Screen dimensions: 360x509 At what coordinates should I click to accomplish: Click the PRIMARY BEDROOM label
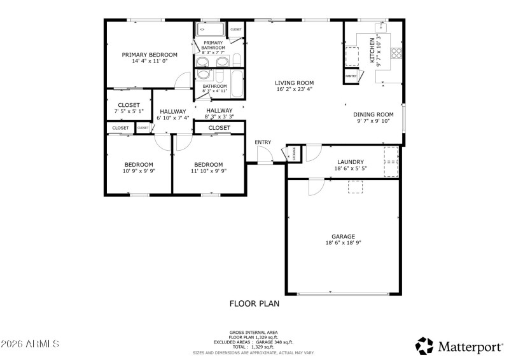(150, 55)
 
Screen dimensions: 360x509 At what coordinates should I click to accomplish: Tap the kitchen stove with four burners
(396, 53)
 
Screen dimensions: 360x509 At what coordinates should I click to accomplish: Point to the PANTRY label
(351, 76)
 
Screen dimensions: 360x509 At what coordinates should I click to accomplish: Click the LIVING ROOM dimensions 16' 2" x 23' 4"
(295, 90)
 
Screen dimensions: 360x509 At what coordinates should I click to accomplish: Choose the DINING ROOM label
(373, 114)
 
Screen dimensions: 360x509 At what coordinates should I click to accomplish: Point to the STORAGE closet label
(293, 153)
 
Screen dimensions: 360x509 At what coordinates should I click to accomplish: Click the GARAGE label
(343, 236)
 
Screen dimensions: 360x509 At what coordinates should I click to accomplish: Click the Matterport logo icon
(424, 345)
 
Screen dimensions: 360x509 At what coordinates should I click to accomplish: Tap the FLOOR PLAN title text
(254, 303)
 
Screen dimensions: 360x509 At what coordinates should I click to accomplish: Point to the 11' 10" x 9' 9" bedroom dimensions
(208, 171)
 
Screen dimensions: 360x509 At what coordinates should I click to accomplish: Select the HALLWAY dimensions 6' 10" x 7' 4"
(173, 118)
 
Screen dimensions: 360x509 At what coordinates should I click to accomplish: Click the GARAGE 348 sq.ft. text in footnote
(276, 342)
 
